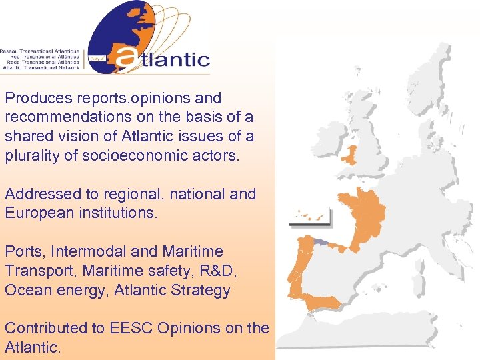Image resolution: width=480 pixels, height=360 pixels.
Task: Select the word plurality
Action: click(33, 155)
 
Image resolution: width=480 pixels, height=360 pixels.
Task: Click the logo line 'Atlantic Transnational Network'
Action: click(41, 67)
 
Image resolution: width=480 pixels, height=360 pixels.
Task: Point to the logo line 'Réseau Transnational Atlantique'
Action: click(41, 51)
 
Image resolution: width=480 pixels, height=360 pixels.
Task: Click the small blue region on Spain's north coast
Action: click(323, 243)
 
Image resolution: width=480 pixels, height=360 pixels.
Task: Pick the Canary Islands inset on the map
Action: click(310, 217)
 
